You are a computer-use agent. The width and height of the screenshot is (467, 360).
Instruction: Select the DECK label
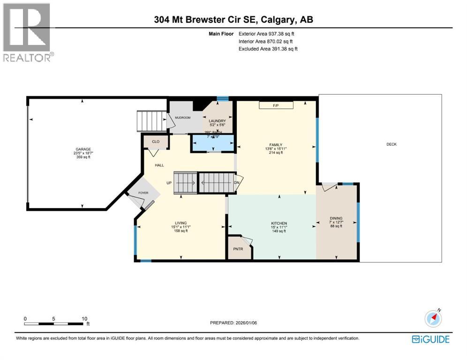(x=391, y=144)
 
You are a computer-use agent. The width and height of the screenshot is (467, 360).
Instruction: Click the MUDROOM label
(x=182, y=118)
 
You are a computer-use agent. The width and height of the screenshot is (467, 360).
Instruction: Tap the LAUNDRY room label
(x=217, y=121)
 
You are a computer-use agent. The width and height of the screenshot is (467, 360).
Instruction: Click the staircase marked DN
(x=216, y=182)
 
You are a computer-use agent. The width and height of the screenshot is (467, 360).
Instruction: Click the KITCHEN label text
(x=279, y=223)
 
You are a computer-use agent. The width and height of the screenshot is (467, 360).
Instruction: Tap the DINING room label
(x=336, y=218)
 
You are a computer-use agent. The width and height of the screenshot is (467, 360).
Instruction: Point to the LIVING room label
(x=181, y=223)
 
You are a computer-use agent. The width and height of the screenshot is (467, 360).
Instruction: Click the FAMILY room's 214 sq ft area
(x=275, y=152)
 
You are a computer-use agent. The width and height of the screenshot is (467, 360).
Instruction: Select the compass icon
(x=433, y=319)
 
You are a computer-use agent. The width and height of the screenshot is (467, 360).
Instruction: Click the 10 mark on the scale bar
(x=84, y=318)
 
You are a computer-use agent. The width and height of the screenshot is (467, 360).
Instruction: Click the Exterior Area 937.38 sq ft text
(x=266, y=34)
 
